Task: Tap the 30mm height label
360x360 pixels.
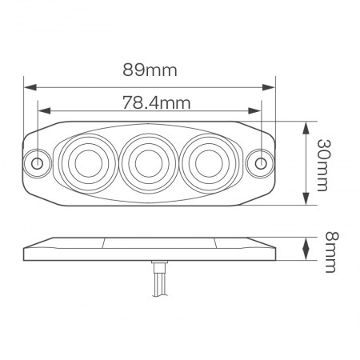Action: coord(322,165)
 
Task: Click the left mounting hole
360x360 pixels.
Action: coord(37,163)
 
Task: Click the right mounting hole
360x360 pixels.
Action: coord(262,163)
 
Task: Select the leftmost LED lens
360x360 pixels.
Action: coord(84,163)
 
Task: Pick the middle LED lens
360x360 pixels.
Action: coord(146,163)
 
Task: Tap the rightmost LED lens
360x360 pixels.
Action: coord(206,163)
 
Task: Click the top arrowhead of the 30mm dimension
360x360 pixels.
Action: coord(306,126)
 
